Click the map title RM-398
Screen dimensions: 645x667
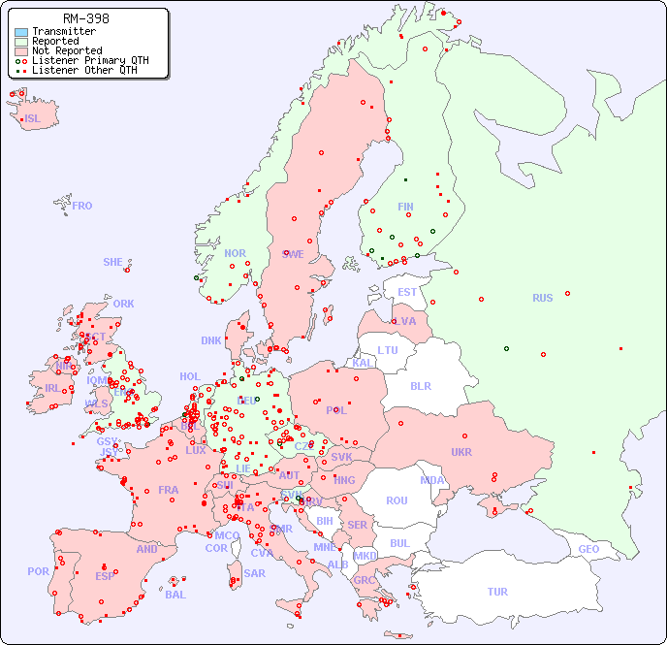(85, 18)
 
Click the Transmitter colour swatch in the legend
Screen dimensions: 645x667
(21, 32)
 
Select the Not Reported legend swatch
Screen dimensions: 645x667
(21, 51)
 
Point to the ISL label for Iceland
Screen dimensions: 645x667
(33, 119)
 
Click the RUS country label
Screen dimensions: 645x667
(542, 298)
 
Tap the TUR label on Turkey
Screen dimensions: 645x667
(497, 592)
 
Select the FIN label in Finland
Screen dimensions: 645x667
(405, 207)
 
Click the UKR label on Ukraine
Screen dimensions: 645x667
(461, 452)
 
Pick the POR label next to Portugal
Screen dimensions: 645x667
(38, 571)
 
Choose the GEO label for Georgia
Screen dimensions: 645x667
(588, 549)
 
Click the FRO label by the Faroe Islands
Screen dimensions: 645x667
(81, 206)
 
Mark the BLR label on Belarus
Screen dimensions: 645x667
(420, 385)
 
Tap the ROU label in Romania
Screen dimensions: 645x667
(397, 500)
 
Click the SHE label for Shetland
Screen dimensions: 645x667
(112, 262)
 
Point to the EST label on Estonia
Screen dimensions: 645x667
(407, 292)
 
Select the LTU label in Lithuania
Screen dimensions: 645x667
(388, 350)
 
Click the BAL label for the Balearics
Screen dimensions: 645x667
(175, 595)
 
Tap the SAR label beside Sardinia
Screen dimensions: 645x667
(254, 573)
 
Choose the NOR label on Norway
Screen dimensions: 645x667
(235, 253)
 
